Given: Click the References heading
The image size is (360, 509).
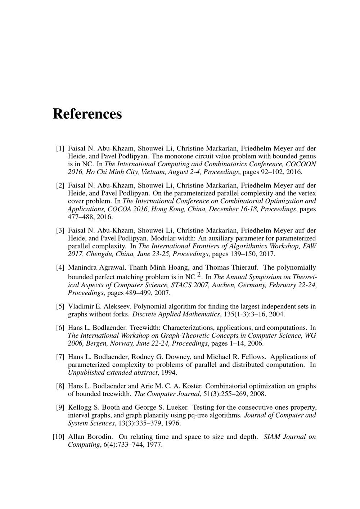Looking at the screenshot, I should tap(87, 114).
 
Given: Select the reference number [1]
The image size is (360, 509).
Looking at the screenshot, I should tap(60, 148).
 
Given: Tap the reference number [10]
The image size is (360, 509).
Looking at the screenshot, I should tap(59, 437).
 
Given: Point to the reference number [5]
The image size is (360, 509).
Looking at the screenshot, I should tap(60, 307).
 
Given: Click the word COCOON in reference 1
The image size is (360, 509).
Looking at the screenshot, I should tap(301, 164).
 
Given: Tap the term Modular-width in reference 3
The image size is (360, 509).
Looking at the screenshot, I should tap(171, 238).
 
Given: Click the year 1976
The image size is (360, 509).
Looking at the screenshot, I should tap(172, 423).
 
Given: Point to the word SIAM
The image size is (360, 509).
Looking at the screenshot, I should tap(272, 437).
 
